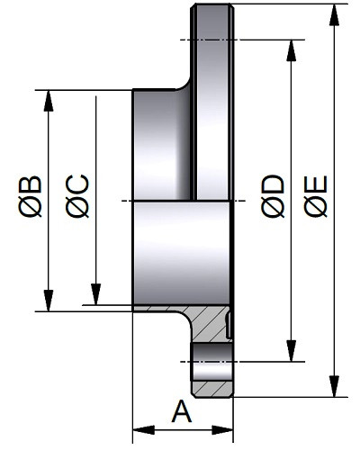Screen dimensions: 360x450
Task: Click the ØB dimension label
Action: pyautogui.click(x=30, y=196)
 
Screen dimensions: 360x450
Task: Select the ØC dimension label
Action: pyautogui.click(x=77, y=196)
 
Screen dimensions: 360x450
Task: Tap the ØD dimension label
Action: pyautogui.click(x=273, y=196)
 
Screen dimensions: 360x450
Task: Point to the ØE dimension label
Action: pyautogui.click(x=315, y=196)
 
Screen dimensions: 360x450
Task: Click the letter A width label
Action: pyautogui.click(x=182, y=410)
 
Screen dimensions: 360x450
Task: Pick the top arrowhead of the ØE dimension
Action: pyautogui.click(x=334, y=15)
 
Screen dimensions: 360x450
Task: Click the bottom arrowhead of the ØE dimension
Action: pyautogui.click(x=334, y=386)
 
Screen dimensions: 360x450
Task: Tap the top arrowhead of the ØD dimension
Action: pyautogui.click(x=291, y=50)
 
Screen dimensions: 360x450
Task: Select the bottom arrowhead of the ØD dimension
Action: pyautogui.click(x=291, y=351)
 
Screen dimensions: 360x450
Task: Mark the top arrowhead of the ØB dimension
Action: pyautogui.click(x=49, y=101)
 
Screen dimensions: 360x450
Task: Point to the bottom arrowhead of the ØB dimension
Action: pyautogui.click(x=49, y=301)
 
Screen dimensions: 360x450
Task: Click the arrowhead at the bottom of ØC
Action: pyautogui.click(x=96, y=294)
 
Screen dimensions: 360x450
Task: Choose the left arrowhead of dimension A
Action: pyautogui.click(x=144, y=429)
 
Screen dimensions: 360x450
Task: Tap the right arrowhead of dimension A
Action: pyautogui.click(x=222, y=429)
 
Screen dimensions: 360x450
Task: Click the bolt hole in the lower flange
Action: pyautogui.click(x=212, y=362)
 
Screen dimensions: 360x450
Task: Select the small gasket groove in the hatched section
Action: pyautogui.click(x=229, y=325)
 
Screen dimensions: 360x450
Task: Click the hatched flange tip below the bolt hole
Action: pyautogui.click(x=212, y=389)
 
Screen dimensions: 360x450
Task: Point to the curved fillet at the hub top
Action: pyautogui.click(x=184, y=84)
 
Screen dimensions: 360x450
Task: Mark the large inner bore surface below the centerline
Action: pyautogui.click(x=182, y=253)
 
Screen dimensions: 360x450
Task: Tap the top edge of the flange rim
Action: pyautogui.click(x=212, y=4)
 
